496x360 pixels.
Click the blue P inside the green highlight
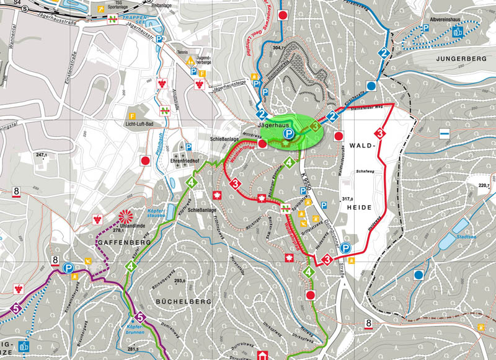coord(288,133)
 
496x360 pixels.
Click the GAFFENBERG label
coord(124,247)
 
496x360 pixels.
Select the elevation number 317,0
coord(350,199)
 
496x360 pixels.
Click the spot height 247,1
coord(42,154)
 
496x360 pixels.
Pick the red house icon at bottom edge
coord(263,355)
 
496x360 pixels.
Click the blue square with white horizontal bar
coord(445,134)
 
